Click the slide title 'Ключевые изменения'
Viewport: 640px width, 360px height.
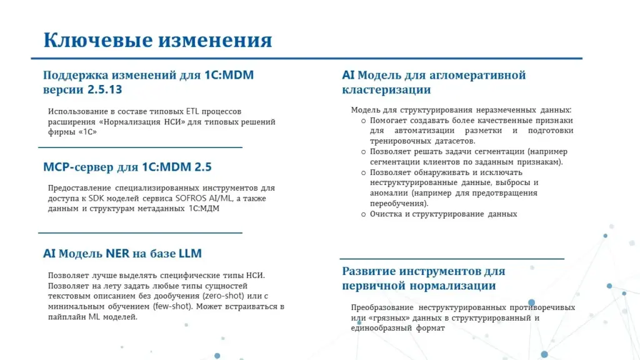pyautogui.click(x=157, y=40)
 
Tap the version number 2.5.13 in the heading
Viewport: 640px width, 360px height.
pyautogui.click(x=104, y=89)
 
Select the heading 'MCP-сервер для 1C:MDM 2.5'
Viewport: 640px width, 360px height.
pyautogui.click(x=127, y=167)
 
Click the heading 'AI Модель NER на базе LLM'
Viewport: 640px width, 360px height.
pyautogui.click(x=122, y=254)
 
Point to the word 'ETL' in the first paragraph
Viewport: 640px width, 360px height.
pyautogui.click(x=192, y=111)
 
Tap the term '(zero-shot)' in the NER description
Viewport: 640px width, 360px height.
pyautogui.click(x=223, y=296)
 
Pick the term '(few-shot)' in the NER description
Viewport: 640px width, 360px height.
pyautogui.click(x=172, y=306)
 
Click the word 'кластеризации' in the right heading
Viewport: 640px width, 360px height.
pyautogui.click(x=386, y=89)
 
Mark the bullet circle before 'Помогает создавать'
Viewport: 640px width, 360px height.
pyautogui.click(x=363, y=121)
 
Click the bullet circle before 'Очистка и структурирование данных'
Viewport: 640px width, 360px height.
pyautogui.click(x=363, y=214)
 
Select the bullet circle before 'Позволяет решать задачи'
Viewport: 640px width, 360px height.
pyautogui.click(x=363, y=152)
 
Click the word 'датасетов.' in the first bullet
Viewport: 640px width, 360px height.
pyautogui.click(x=457, y=141)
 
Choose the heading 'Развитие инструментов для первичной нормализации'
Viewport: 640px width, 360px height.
pyautogui.click(x=424, y=278)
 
